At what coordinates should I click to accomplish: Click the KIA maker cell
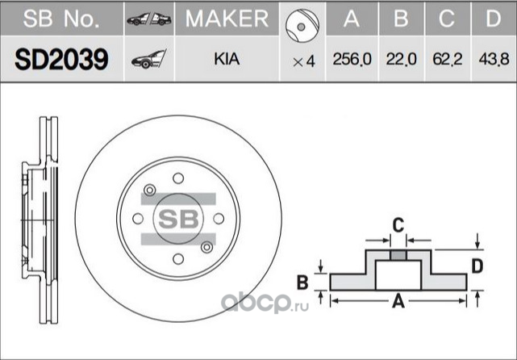pos(226,61)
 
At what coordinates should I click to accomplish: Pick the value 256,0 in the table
pos(351,61)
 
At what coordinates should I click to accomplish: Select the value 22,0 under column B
pos(400,61)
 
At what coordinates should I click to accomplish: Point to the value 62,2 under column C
pos(448,61)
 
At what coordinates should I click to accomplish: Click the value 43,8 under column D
pos(494,61)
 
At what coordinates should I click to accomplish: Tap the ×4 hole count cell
pos(303,61)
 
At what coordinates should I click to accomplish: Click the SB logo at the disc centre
pos(177,218)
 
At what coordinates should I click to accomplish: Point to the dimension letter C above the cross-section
pos(397,225)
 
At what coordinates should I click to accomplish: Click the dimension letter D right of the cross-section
pos(477,266)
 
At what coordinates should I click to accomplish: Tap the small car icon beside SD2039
pos(148,60)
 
